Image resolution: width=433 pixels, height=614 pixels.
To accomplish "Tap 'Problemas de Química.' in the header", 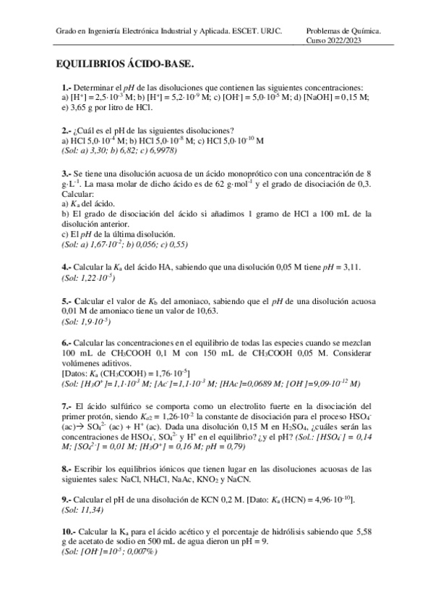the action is click(x=343, y=31).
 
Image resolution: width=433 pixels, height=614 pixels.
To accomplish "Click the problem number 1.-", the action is click(x=67, y=88).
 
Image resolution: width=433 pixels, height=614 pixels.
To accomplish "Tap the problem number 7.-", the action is click(x=67, y=405).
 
